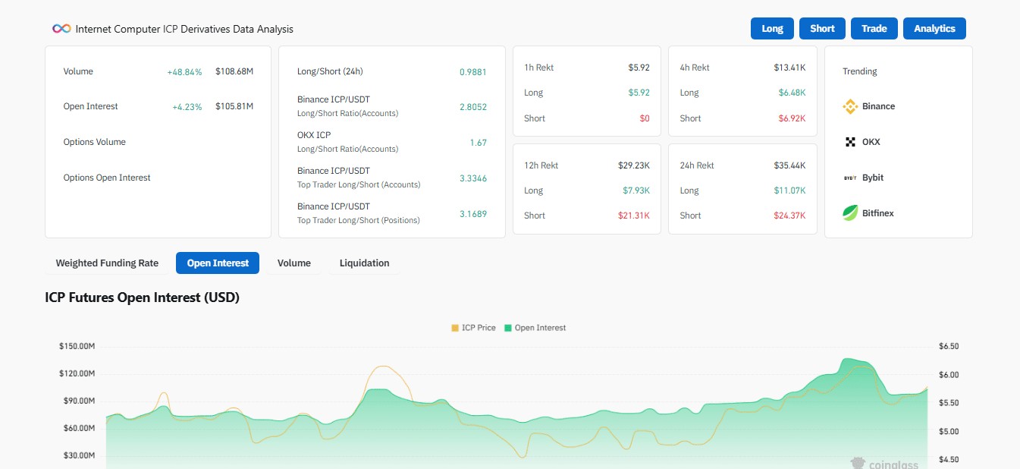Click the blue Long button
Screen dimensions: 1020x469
click(x=772, y=28)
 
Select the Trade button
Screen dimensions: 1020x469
click(x=874, y=28)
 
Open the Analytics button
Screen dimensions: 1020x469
click(x=934, y=28)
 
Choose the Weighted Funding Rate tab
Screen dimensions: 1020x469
click(x=107, y=263)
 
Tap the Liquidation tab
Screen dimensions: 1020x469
click(x=364, y=263)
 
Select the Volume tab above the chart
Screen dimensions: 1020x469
click(x=293, y=263)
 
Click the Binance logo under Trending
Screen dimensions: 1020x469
click(x=849, y=107)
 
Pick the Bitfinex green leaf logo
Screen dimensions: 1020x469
click(x=849, y=212)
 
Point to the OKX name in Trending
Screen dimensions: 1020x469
click(x=871, y=142)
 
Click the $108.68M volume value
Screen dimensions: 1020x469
click(x=234, y=71)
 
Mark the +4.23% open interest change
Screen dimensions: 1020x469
click(x=187, y=107)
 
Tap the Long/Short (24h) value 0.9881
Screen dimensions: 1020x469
click(x=472, y=72)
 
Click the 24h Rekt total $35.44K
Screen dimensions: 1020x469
click(x=789, y=165)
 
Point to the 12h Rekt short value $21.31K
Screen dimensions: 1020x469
click(x=633, y=215)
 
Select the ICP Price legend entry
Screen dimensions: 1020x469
click(x=473, y=328)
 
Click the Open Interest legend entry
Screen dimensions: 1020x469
click(x=535, y=328)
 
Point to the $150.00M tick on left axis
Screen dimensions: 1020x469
click(x=77, y=346)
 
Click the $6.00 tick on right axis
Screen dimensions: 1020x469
click(x=949, y=375)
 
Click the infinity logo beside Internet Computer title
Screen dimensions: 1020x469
click(x=61, y=29)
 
